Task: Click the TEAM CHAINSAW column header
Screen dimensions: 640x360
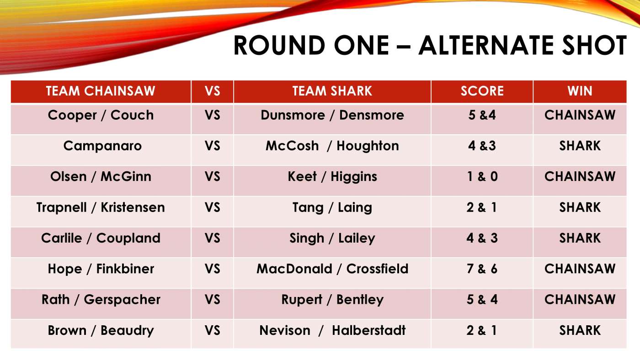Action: click(101, 91)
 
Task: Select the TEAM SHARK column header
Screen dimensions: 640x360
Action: click(332, 91)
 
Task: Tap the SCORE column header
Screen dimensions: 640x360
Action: click(482, 91)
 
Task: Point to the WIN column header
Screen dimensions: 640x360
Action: click(580, 91)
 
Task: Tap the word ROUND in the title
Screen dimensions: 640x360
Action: click(280, 45)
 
